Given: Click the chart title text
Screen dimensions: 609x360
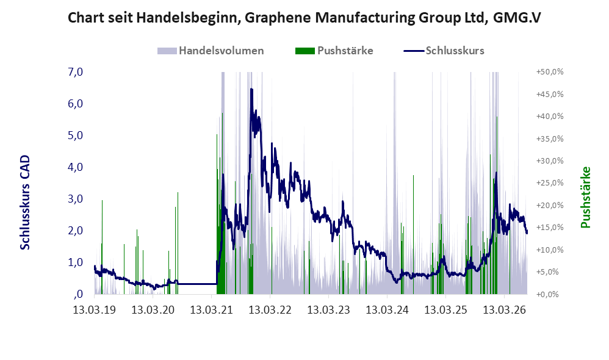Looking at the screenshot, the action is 304,18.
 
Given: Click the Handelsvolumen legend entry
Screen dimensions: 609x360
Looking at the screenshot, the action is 211,51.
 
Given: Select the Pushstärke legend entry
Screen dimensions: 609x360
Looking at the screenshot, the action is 334,51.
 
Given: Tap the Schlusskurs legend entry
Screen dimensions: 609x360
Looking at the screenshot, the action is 444,51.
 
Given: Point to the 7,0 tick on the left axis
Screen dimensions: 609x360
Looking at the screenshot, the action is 76,72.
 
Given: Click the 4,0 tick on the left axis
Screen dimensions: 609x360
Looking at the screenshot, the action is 76,167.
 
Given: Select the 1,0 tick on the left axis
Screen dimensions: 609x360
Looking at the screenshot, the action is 76,262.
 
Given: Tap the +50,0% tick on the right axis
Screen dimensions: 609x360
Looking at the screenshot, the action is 550,72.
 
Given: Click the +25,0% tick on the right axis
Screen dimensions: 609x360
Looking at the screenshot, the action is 550,183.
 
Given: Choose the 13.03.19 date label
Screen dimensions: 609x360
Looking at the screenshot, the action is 95,310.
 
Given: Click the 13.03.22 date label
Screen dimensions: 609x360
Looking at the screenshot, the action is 270,310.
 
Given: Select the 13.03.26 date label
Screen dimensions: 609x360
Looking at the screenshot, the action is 504,310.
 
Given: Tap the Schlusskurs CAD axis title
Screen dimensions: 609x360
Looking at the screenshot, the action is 25,203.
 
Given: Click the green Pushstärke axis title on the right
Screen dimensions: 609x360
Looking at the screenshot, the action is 585,197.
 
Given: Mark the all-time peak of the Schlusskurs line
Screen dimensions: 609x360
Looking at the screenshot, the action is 251,89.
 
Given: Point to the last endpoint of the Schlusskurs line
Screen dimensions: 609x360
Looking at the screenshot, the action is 527,233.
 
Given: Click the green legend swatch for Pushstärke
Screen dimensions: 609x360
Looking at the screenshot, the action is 305,51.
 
